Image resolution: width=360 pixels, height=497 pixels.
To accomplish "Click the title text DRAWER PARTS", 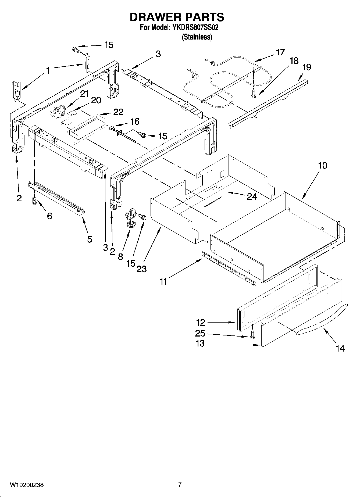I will click(x=177, y=17).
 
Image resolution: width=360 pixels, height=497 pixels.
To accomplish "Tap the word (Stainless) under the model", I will click(x=197, y=37).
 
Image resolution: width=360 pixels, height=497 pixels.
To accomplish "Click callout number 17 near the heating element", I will click(x=280, y=52).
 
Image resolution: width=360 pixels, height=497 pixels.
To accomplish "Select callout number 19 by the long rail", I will click(x=307, y=67).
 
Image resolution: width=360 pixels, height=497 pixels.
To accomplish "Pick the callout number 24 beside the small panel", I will click(x=252, y=197).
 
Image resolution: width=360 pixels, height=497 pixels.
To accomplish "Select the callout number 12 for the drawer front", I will click(x=201, y=322).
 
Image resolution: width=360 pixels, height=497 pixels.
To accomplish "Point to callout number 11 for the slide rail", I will click(x=163, y=281).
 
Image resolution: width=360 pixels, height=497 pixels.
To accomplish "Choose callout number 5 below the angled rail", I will click(x=90, y=239).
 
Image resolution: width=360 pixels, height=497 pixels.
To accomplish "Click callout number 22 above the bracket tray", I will click(x=118, y=112).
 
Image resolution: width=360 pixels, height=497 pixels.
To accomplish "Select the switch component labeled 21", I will click(x=57, y=111).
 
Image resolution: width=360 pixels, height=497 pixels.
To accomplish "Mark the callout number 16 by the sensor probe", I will click(x=135, y=121).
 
